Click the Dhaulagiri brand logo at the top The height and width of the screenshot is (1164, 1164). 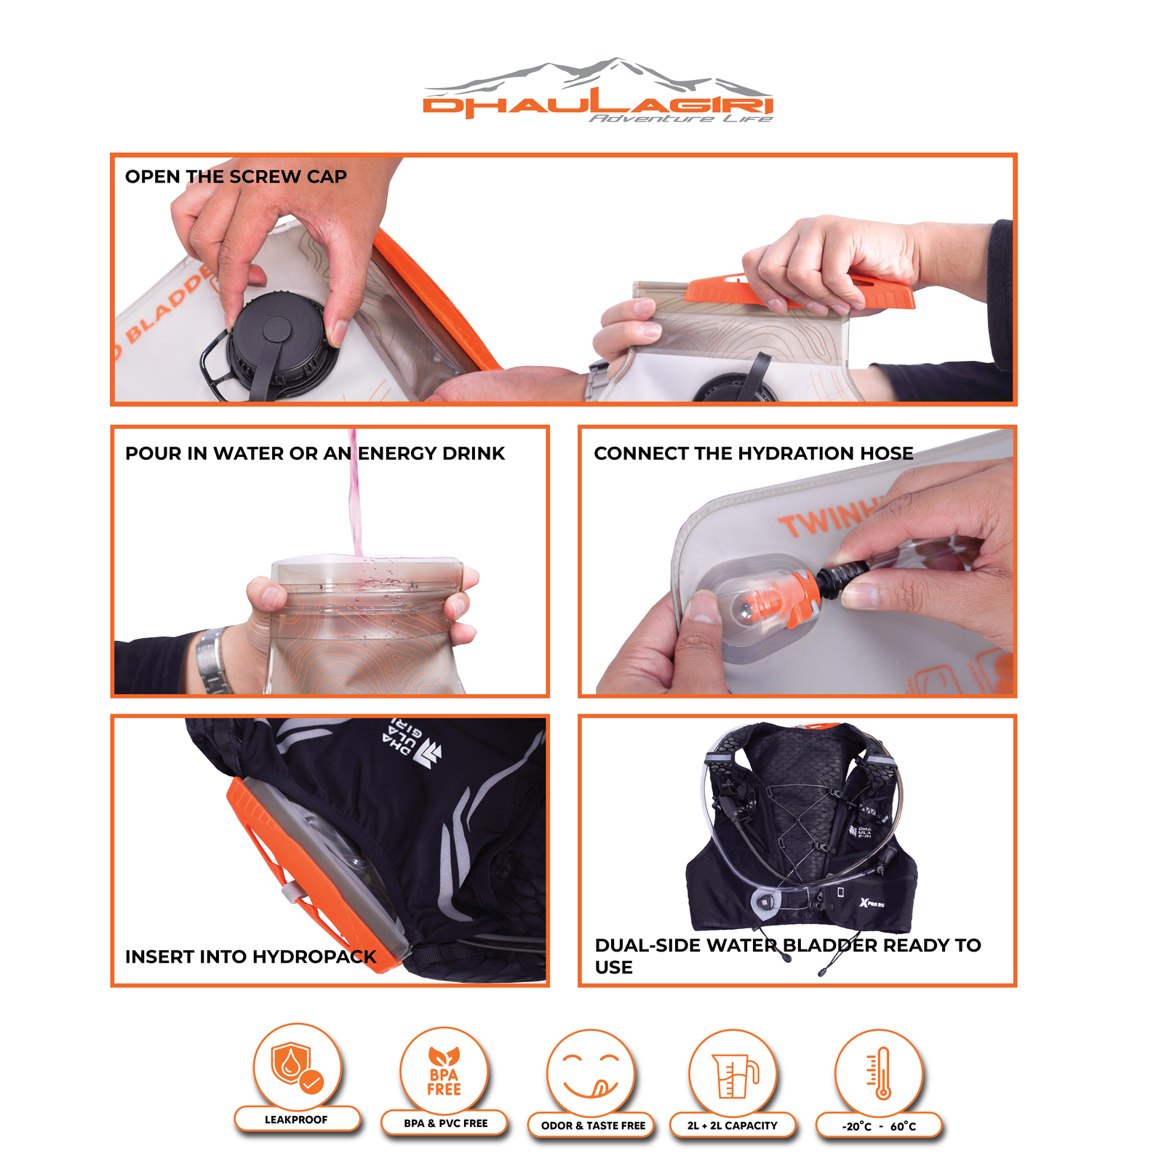tap(598, 90)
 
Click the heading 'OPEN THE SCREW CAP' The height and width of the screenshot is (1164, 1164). tap(236, 177)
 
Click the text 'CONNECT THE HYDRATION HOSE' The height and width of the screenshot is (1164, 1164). tap(754, 453)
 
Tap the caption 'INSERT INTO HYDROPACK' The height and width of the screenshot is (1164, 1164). tap(251, 957)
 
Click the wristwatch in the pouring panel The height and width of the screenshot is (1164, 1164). tap(212, 659)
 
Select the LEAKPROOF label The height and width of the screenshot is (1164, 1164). tap(296, 1120)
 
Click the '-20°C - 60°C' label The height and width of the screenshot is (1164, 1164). tap(879, 1126)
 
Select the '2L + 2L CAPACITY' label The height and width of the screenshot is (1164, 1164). tap(733, 1125)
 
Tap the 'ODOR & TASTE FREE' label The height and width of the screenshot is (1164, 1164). tap(593, 1125)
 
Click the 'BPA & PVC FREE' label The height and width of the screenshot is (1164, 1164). tap(446, 1123)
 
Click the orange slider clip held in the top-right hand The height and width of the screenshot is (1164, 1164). tap(800, 291)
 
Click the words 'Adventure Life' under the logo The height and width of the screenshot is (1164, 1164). tap(681, 119)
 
